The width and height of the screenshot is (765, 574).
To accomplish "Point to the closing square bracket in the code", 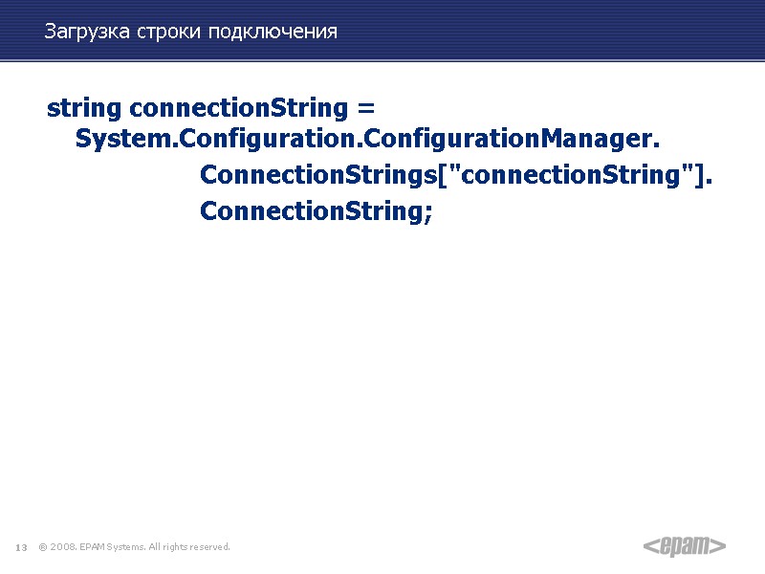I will point(704,177).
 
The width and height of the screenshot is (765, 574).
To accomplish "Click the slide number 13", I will point(21,547).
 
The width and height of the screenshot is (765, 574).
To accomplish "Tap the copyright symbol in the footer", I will point(43,547).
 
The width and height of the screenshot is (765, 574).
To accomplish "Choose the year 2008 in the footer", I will point(63,547).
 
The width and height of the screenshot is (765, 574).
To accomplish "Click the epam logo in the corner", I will point(684,546).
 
